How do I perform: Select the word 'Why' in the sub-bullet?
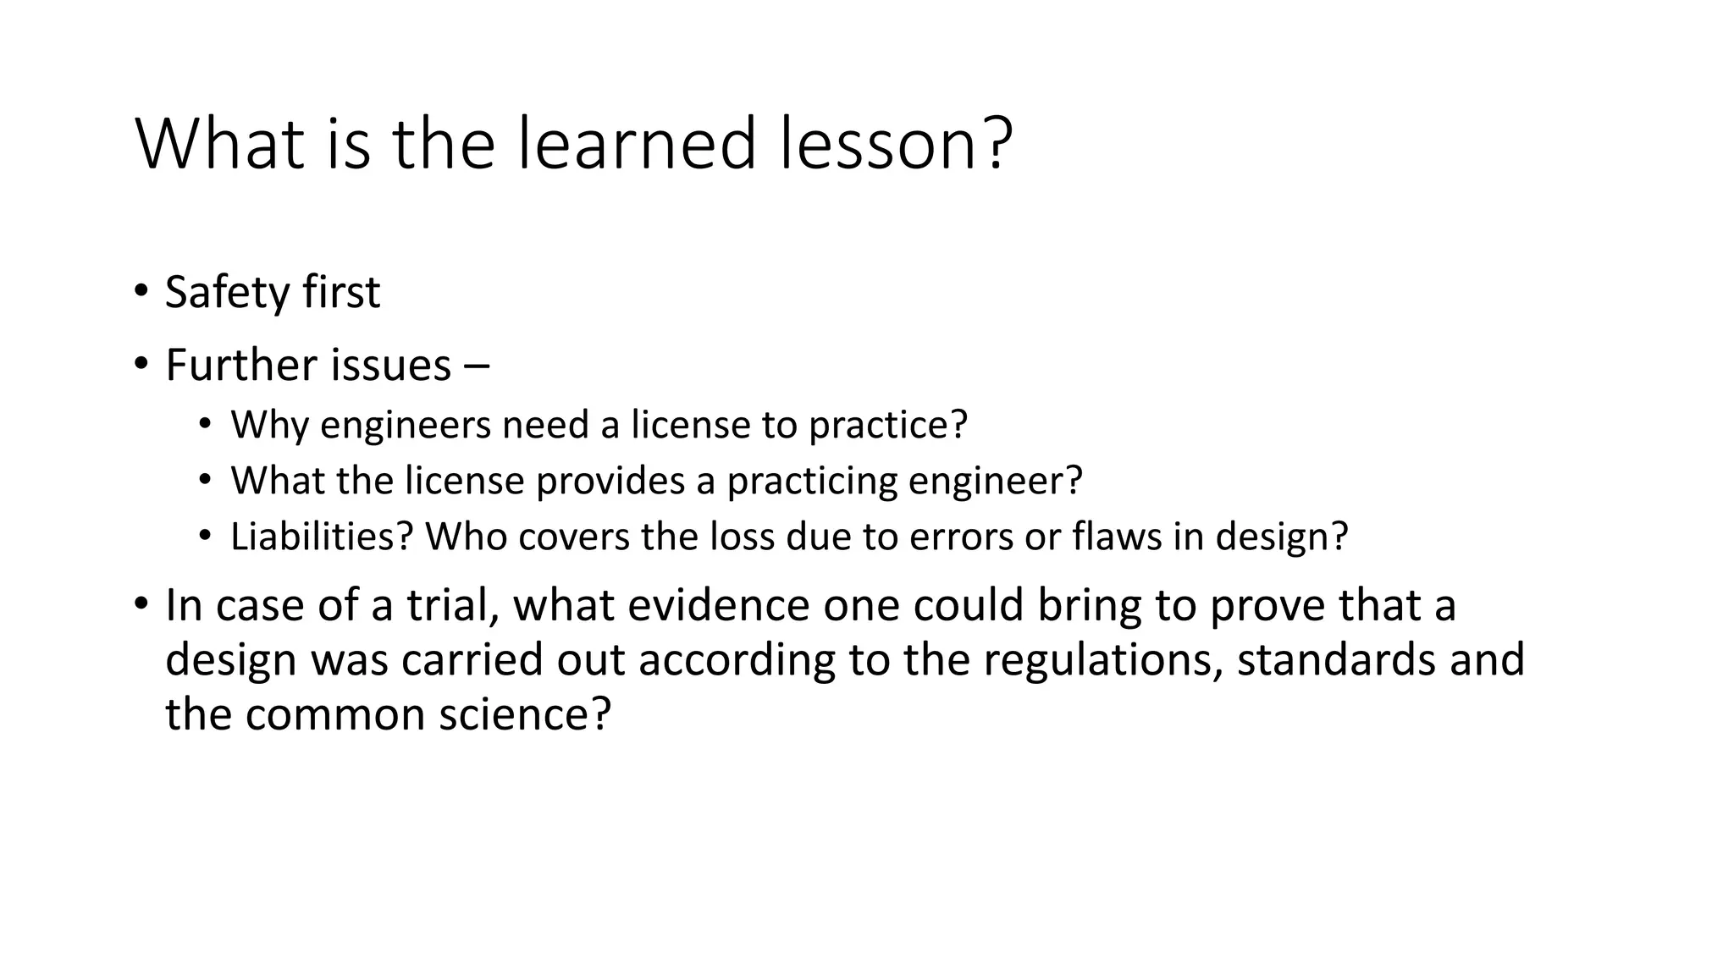click(268, 425)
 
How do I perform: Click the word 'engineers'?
click(406, 425)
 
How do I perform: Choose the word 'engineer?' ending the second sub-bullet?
click(996, 481)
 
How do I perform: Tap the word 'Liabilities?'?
click(321, 537)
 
